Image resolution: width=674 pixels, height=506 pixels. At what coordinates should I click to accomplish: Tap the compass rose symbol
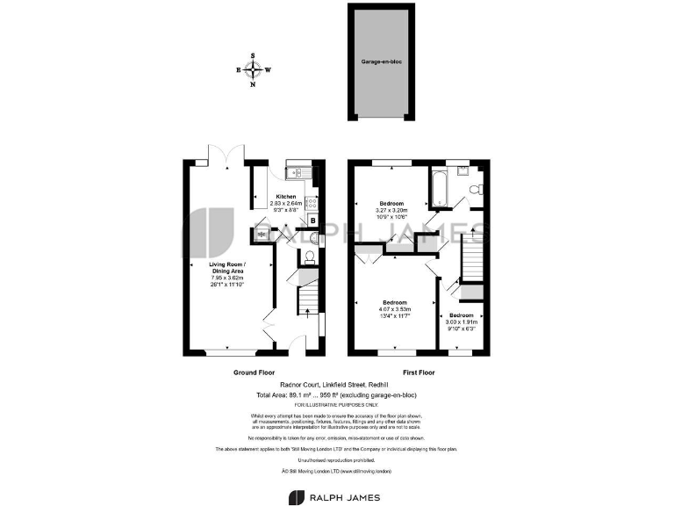pyautogui.click(x=253, y=70)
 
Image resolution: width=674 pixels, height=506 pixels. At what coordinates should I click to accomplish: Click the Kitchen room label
pyautogui.click(x=286, y=196)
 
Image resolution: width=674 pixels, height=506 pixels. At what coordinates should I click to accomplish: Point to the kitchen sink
pyautogui.click(x=298, y=172)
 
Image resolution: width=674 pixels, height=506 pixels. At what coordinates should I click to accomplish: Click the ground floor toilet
pyautogui.click(x=307, y=256)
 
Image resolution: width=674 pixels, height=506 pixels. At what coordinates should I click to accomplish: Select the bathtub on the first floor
pyautogui.click(x=438, y=186)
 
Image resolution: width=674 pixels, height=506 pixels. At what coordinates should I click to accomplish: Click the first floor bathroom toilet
pyautogui.click(x=475, y=188)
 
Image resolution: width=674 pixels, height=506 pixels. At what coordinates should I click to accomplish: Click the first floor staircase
pyautogui.click(x=473, y=258)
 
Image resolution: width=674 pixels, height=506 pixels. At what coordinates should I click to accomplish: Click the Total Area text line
pyautogui.click(x=337, y=394)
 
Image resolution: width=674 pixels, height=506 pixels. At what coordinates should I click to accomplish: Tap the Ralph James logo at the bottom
pyautogui.click(x=337, y=498)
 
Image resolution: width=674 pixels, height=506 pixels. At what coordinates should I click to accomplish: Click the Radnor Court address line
pyautogui.click(x=337, y=385)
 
